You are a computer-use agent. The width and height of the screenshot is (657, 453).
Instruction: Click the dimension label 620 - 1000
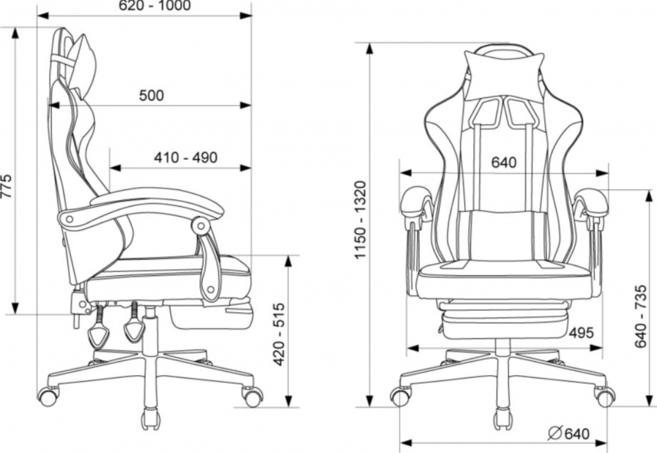click(x=155, y=5)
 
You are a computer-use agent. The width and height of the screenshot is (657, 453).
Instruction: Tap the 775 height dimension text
click(x=6, y=186)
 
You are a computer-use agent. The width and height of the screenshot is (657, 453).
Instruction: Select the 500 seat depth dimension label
click(x=151, y=96)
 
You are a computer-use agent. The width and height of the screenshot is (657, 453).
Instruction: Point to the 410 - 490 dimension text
click(x=186, y=158)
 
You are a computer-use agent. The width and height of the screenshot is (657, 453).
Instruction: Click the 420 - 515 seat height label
click(x=279, y=334)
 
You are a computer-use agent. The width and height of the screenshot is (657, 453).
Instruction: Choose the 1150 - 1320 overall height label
click(x=361, y=220)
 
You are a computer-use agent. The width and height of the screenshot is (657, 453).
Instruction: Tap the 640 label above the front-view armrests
click(x=504, y=162)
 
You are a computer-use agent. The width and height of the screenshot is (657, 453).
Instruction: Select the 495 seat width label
click(x=581, y=333)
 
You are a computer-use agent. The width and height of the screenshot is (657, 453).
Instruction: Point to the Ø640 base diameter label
click(x=569, y=433)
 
